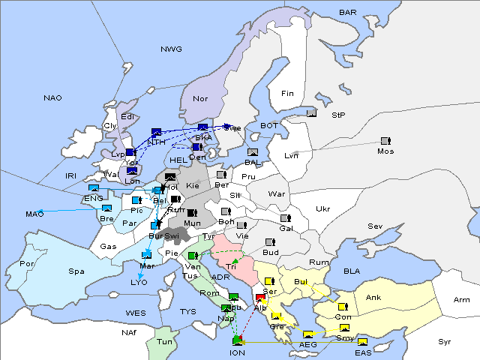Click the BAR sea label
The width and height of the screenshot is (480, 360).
tap(348, 13)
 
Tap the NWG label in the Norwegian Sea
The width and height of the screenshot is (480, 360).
tap(171, 49)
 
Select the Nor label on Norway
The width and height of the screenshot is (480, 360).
tap(200, 99)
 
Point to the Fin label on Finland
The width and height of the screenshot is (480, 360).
tap(287, 94)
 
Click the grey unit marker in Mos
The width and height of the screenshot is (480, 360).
tap(385, 140)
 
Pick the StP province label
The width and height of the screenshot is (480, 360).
tap(339, 115)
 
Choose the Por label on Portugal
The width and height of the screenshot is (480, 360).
tap(28, 264)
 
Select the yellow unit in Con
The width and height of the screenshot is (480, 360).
tap(343, 307)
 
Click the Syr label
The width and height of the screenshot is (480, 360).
tap(445, 341)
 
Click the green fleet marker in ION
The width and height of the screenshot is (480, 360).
tap(238, 341)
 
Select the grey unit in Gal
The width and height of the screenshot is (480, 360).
tap(285, 218)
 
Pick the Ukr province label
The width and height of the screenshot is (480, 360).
tap(322, 208)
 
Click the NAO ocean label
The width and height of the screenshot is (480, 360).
tap(52, 98)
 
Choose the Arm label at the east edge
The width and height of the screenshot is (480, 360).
tap(462, 300)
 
